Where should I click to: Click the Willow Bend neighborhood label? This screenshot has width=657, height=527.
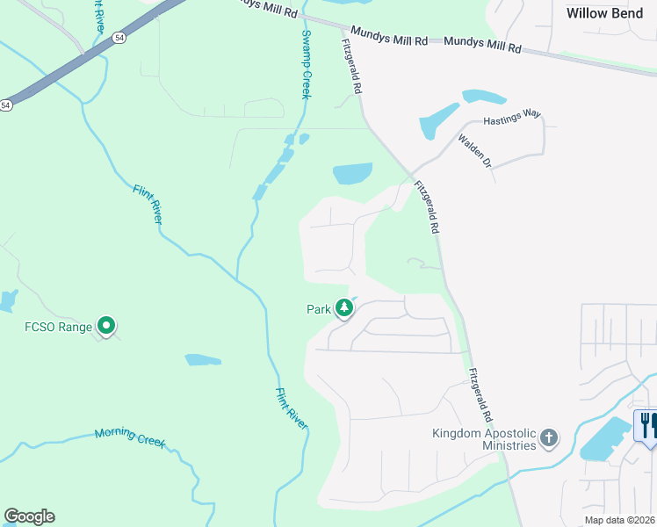[x=604, y=13]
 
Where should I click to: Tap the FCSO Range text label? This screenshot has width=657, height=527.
[x=58, y=328]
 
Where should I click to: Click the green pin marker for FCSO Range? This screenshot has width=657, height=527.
[x=106, y=326]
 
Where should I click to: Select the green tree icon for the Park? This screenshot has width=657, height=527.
[x=344, y=308]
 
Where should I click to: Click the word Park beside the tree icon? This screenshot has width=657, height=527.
[x=318, y=309]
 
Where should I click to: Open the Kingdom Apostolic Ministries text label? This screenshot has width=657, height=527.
[x=484, y=439]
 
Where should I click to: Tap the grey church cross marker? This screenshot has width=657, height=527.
[x=549, y=438]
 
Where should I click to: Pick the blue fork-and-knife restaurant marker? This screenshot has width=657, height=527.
[x=646, y=425]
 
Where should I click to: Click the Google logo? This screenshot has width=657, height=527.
[x=29, y=516]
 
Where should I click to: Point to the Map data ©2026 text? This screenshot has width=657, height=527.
[x=618, y=520]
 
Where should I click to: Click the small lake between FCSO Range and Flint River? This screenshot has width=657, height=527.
[x=203, y=360]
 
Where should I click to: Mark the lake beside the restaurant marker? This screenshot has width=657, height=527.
[x=604, y=440]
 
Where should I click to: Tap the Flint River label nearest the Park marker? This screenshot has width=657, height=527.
[x=292, y=408]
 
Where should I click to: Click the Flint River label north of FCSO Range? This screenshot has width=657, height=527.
[x=147, y=204]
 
